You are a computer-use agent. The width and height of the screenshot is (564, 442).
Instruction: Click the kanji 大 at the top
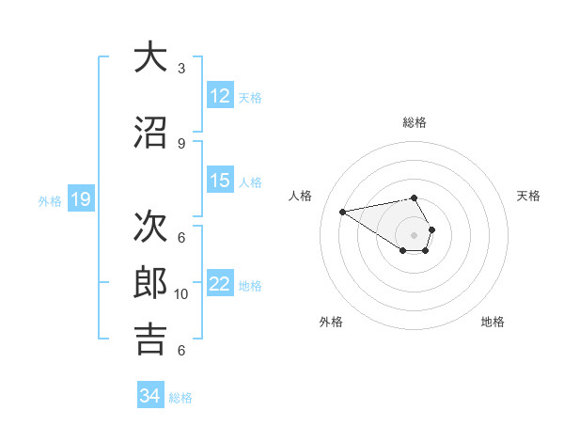coord(150,57)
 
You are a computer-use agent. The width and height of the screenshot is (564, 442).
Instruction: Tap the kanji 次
coord(150,224)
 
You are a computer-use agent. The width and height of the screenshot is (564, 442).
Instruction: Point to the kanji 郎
coord(150,281)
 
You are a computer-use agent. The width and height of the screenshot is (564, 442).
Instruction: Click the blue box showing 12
coord(220,96)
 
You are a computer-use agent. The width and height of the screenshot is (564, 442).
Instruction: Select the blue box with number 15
coord(220,181)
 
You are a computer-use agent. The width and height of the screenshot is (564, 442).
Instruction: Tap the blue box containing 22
coord(220,284)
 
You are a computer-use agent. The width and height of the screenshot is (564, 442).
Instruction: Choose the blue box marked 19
coord(80,199)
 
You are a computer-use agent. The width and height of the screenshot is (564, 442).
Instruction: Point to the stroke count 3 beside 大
coord(181,69)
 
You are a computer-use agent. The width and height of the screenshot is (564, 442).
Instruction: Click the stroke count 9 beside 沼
coord(181,143)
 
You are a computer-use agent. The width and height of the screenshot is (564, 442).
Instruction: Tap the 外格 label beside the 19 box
coord(50,200)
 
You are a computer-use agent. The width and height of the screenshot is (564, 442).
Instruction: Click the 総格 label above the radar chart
coord(415,122)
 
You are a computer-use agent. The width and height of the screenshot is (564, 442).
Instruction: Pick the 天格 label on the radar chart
coord(529,196)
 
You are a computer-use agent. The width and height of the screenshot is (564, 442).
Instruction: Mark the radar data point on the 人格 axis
coord(343,211)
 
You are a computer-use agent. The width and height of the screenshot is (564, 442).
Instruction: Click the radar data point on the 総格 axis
coord(415,197)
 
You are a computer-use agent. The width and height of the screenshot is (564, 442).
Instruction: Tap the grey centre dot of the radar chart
coord(415,234)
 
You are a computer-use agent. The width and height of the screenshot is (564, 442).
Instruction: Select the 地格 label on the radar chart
coord(493,322)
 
